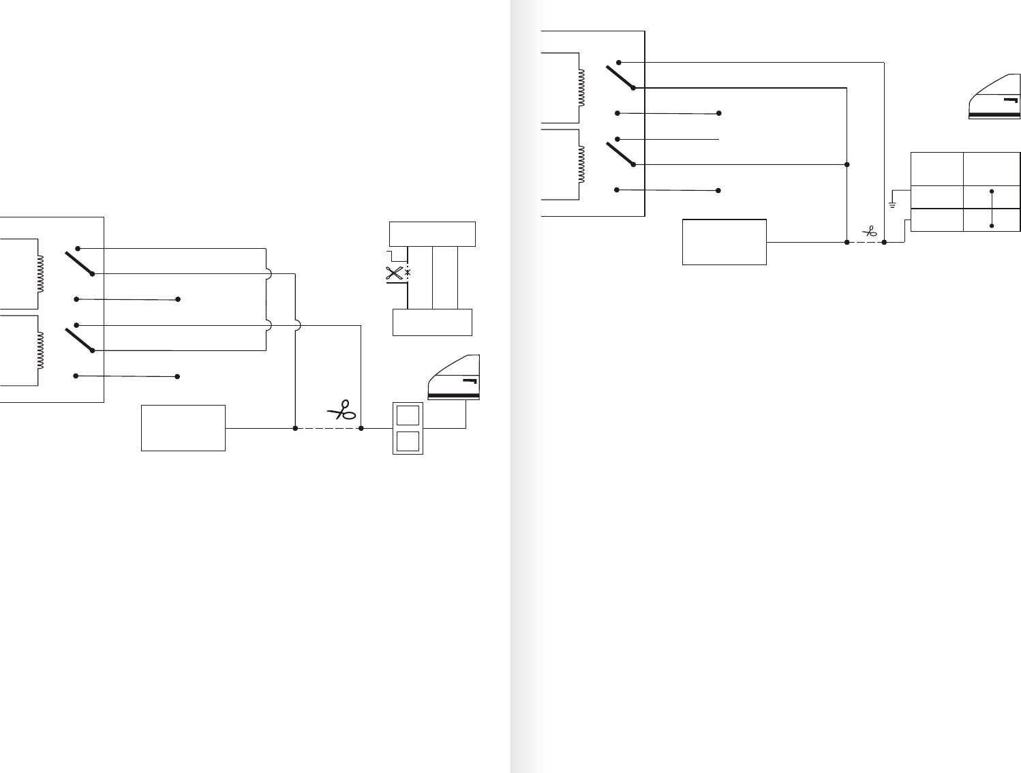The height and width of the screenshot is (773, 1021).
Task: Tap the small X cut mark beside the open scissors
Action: click(x=408, y=273)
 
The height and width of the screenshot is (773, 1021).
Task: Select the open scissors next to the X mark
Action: click(x=394, y=274)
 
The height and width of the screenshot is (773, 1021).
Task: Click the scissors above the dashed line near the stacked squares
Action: click(x=342, y=410)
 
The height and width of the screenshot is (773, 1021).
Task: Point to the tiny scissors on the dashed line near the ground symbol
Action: click(x=869, y=232)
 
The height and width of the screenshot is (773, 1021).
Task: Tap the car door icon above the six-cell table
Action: click(x=994, y=97)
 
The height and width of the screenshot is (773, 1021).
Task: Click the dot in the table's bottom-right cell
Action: click(x=992, y=226)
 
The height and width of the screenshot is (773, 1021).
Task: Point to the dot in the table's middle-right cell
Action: click(x=992, y=192)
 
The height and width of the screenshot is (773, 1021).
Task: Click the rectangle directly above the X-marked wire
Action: click(x=432, y=234)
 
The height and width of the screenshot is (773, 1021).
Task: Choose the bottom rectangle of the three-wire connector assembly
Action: click(x=432, y=322)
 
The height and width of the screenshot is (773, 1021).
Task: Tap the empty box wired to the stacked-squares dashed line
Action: click(x=183, y=428)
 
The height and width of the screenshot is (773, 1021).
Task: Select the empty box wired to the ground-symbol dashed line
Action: click(x=724, y=241)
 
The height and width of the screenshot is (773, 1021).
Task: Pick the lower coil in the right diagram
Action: click(x=581, y=164)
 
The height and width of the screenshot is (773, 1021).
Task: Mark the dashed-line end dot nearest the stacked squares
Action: click(x=361, y=428)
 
